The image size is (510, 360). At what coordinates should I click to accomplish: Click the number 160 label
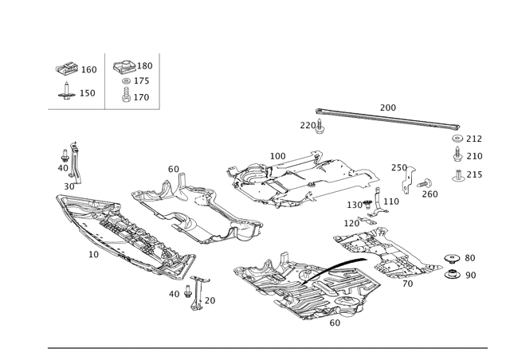point(88,69)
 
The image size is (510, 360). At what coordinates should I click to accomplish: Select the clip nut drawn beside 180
point(125,67)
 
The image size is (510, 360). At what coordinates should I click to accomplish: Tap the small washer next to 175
point(126,80)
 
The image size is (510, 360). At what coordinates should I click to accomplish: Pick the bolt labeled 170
point(126,95)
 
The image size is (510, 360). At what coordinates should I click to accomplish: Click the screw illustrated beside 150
point(67,92)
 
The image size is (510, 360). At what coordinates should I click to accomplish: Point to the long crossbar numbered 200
point(387,119)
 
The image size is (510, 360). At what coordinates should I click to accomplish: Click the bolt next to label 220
point(320,127)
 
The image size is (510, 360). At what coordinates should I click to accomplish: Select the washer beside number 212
point(457,139)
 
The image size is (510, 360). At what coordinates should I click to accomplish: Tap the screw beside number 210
point(458,155)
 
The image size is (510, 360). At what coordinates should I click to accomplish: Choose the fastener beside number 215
point(458,175)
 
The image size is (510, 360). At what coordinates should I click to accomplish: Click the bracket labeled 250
point(408,180)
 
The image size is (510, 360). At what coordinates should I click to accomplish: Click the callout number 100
point(278,156)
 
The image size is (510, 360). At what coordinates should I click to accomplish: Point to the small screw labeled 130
point(367,204)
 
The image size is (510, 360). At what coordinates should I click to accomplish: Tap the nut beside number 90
point(452,274)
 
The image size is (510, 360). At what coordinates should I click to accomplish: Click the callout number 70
point(407,284)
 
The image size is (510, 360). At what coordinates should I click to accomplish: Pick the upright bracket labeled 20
point(198,292)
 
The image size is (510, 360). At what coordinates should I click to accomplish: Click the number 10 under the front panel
point(94,254)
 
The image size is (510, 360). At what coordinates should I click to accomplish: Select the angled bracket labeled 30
point(76,162)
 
